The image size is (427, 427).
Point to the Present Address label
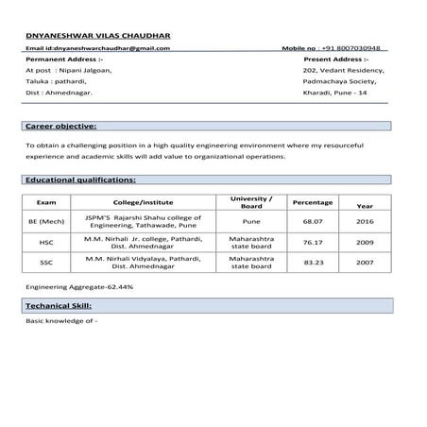(x=335, y=59)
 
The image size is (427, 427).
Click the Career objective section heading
(x=60, y=126)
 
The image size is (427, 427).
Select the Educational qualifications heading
(x=79, y=179)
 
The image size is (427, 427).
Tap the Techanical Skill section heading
(x=64, y=307)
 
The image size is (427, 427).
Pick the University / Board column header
(x=251, y=202)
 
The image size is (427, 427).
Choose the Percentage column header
(x=312, y=202)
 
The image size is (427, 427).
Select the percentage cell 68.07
(x=313, y=222)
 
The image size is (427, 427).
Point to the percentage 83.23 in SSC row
(x=313, y=263)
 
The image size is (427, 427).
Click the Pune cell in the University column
(x=251, y=222)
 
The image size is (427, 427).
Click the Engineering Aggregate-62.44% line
(x=79, y=285)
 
